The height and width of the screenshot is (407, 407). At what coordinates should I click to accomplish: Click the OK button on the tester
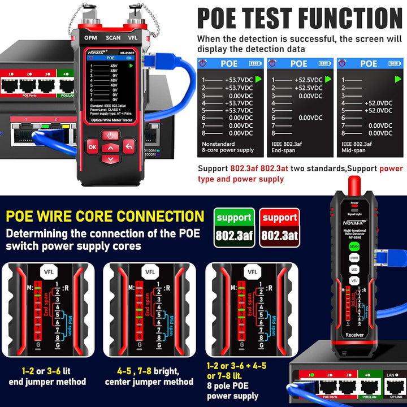point(92,147)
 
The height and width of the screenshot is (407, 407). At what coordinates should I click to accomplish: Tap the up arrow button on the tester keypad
point(111,148)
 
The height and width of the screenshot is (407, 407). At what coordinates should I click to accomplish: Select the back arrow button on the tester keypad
point(129,146)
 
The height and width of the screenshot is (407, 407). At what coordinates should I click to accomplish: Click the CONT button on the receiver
point(354,257)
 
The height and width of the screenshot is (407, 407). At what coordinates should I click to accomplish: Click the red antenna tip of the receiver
point(355,184)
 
